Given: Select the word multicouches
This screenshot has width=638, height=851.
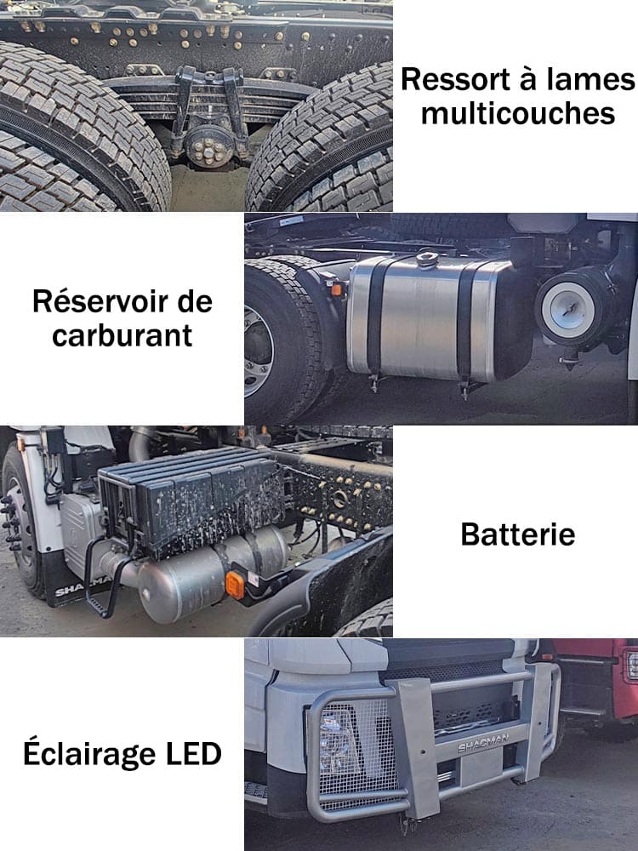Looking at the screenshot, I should (x=518, y=113).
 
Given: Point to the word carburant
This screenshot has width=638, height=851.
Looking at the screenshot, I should (x=122, y=334).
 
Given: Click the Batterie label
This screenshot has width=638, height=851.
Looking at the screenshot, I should (x=517, y=534).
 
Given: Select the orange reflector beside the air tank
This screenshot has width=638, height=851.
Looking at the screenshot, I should (x=236, y=585).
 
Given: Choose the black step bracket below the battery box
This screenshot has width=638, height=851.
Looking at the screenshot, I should (x=100, y=579).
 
